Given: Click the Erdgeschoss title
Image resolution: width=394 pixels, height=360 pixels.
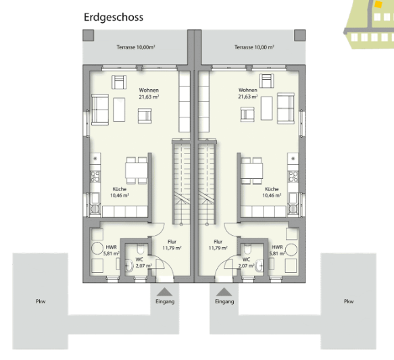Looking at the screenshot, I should tap(114, 18).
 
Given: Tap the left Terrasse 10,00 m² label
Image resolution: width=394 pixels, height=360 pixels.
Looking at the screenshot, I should tap(136, 47).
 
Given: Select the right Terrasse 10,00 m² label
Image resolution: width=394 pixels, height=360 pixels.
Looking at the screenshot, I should tap(254, 47).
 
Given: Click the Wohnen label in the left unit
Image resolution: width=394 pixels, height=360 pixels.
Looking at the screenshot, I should tap(149, 93).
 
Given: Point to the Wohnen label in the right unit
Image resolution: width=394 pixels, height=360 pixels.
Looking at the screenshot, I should tap(248, 93).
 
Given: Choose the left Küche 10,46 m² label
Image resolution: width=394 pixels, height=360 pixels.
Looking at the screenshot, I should tap(120, 192).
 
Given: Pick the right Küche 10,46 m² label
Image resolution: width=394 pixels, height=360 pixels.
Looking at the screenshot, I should tap(272, 192).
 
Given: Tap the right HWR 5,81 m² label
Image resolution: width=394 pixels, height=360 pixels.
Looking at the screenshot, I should tap(276, 251).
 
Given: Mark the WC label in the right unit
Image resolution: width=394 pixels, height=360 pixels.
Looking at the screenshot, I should tap(246, 262).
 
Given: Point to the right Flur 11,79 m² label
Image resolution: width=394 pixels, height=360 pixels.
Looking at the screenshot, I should tap(218, 245).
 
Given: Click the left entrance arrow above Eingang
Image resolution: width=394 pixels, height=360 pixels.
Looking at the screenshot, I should tap(164, 292).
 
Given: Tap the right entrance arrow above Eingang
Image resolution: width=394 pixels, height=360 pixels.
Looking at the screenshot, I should tap(224, 292).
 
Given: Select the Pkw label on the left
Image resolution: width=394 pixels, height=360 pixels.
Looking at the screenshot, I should tap(41, 301).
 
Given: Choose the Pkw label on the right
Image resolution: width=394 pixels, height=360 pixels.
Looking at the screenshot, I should tap(348, 301).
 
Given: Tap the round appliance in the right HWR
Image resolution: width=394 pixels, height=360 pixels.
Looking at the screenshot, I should tap(292, 250).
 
